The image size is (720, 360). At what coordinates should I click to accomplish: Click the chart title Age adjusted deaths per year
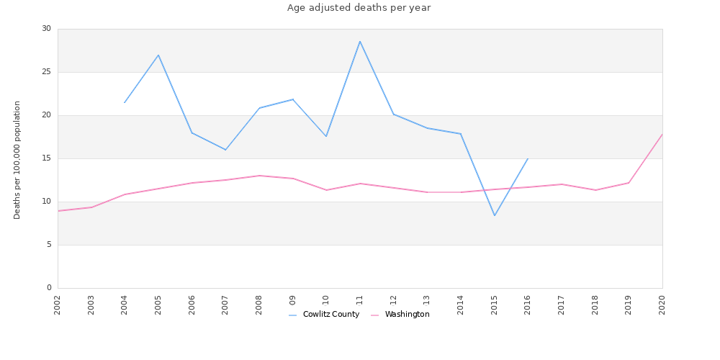click(359, 8)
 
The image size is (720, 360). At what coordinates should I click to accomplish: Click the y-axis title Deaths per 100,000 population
click(17, 160)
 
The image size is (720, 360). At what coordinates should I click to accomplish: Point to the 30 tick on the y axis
click(47, 29)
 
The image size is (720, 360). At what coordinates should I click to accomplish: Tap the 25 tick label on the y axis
click(47, 72)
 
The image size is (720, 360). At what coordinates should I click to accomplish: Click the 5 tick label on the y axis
click(49, 245)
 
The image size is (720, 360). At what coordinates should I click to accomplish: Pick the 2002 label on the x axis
click(58, 304)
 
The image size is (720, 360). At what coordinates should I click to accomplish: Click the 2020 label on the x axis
click(662, 304)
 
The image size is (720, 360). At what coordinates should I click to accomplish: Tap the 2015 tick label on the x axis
click(495, 304)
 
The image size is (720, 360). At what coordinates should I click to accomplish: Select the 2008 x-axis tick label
click(259, 304)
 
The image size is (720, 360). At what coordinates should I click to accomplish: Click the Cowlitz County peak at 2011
click(360, 41)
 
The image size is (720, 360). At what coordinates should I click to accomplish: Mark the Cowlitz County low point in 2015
click(495, 215)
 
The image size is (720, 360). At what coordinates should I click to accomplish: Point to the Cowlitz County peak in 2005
click(158, 55)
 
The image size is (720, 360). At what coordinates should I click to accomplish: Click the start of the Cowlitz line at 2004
click(125, 102)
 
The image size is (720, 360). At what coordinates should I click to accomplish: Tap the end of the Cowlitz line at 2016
click(528, 158)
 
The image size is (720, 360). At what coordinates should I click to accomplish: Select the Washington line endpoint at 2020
click(662, 135)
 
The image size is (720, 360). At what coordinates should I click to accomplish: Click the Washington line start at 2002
click(58, 211)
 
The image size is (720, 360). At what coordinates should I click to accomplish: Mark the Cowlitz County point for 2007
click(225, 150)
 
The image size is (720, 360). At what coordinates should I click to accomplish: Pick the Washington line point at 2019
click(629, 183)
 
